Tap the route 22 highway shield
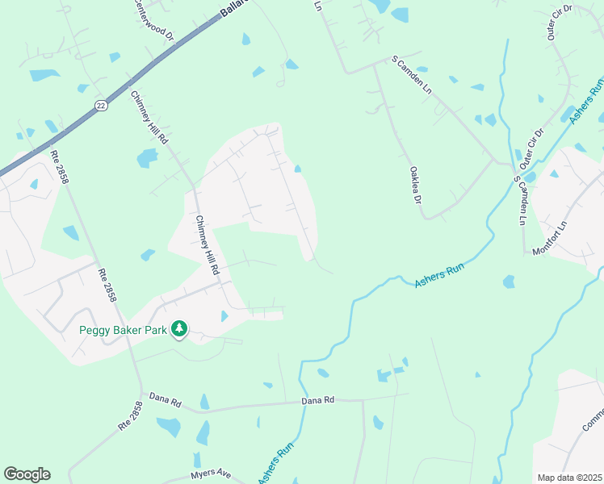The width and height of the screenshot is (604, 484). (100, 105)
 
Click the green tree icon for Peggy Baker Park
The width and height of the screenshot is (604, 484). (179, 329)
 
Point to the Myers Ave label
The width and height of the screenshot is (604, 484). (211, 474)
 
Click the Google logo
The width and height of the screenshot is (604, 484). (27, 474)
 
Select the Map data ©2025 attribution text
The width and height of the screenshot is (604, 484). (569, 478)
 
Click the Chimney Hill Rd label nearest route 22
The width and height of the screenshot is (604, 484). (149, 118)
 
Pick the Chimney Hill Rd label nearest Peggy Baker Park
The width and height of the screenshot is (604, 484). (208, 245)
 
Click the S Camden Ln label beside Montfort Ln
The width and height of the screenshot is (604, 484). (522, 205)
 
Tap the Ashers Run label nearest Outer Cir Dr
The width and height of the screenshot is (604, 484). (587, 102)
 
